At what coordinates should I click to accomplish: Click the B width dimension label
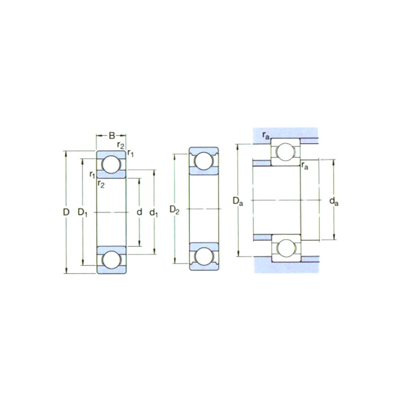pos(112,136)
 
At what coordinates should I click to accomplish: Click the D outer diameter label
pos(66,212)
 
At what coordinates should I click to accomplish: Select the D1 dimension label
pos(83,213)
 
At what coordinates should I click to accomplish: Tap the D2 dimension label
pos(174,210)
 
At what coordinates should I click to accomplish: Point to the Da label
pos(238,201)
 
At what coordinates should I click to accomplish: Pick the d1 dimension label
pos(154,213)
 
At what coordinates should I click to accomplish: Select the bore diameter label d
pos(140,212)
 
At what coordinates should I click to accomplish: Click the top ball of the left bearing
pos(111,164)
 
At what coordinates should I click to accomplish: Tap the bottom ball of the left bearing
pos(111,260)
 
